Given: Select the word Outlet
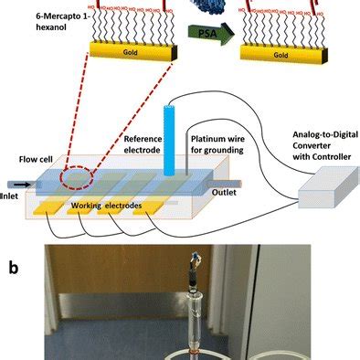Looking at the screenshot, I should click(x=243, y=193).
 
